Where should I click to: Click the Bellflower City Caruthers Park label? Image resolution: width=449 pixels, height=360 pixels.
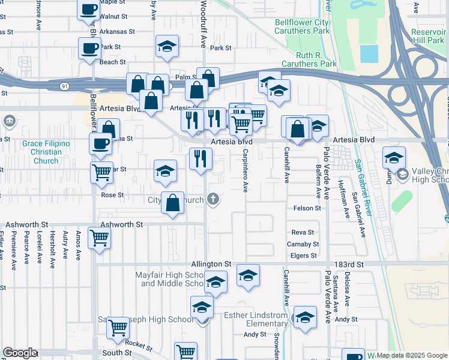point(302,26)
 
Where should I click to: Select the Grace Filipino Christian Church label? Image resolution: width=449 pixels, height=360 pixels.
point(46,152)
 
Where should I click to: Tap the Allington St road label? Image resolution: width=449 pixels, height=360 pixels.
point(211,264)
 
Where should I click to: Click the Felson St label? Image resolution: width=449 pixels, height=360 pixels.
point(307,208)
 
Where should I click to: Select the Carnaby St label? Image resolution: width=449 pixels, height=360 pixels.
point(303,244)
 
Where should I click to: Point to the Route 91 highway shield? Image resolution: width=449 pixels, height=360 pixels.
point(64,86)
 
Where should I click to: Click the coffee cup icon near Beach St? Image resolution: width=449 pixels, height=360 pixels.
point(90,48)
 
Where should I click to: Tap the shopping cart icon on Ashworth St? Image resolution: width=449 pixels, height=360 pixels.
point(99,237)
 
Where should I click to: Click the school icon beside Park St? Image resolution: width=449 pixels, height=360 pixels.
point(167,46)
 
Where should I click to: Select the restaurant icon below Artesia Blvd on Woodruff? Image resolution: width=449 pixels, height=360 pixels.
point(200,158)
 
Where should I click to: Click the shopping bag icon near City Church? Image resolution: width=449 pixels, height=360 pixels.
point(173,202)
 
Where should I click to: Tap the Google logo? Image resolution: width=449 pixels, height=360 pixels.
point(20,353)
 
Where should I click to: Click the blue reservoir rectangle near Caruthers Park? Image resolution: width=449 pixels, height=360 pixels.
point(369,53)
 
